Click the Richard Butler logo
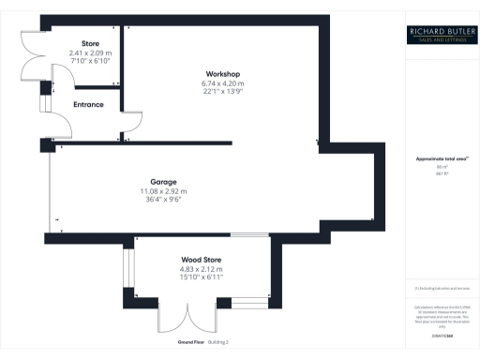(x=440, y=37)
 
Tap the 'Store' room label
(x=91, y=42)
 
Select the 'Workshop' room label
(x=223, y=73)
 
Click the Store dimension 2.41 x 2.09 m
(x=90, y=53)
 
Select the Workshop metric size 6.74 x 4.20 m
(x=222, y=83)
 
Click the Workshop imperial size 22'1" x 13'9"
(x=222, y=92)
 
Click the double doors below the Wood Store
(x=177, y=319)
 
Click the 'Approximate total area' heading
(x=439, y=158)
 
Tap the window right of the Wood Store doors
(x=248, y=302)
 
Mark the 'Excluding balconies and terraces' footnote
(x=439, y=288)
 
